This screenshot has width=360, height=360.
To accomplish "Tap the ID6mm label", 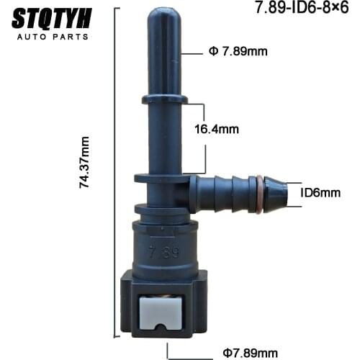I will click(320, 192).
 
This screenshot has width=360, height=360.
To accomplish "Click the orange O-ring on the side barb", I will click(258, 193).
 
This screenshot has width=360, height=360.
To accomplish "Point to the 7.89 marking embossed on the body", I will click(164, 253).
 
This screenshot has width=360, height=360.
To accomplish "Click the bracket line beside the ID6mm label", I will click(290, 192).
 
